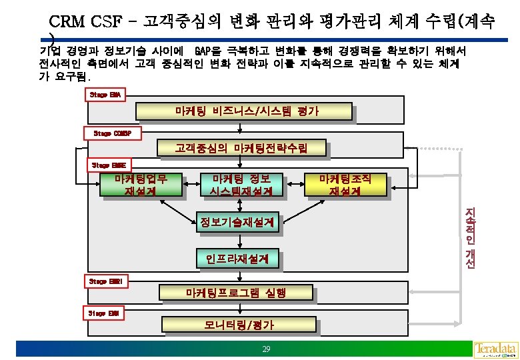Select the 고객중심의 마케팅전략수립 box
[x=241, y=147]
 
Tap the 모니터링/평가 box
[x=239, y=325]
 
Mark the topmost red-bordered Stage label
[x=106, y=95]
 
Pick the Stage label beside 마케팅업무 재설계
[x=108, y=164]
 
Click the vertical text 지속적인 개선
[x=469, y=237]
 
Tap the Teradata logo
[x=496, y=349]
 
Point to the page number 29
[x=266, y=349]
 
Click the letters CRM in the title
[x=66, y=21]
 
